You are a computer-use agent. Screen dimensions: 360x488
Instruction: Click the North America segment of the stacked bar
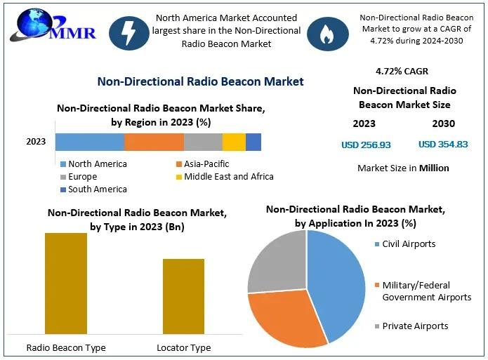90,142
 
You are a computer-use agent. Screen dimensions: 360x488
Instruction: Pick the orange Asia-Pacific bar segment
154,142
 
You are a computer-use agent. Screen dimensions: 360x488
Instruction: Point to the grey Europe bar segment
203,142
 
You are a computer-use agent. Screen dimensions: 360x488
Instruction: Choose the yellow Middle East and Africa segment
234,142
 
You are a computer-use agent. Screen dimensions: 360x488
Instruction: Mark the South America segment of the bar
253,142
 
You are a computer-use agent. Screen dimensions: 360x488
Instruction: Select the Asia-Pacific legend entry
203,164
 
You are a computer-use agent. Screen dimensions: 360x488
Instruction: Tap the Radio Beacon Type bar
66,284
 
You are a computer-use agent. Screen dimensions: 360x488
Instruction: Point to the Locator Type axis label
183,347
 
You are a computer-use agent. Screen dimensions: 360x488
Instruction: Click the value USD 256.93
366,145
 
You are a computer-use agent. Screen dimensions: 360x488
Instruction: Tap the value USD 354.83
443,145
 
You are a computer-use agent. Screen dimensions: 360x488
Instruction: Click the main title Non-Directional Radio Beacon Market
200,81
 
